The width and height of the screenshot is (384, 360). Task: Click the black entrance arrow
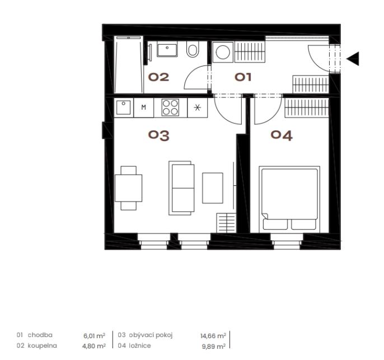(x=354, y=59)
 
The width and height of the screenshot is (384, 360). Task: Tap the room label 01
(x=243, y=77)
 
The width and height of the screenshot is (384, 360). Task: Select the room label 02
(x=159, y=77)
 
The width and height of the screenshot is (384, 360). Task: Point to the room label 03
(x=159, y=135)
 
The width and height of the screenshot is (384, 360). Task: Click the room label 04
(x=282, y=135)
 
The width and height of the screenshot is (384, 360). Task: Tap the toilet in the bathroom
(x=193, y=49)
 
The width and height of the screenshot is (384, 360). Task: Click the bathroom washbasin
(x=167, y=49)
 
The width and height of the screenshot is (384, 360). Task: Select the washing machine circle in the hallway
(x=223, y=52)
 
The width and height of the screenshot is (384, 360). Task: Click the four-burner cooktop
(x=170, y=107)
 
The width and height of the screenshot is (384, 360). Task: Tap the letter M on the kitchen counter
(x=144, y=107)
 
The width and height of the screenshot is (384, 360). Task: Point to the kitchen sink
(x=124, y=107)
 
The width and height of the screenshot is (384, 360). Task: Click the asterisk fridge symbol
(x=198, y=107)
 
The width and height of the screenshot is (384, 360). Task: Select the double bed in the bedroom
(x=289, y=199)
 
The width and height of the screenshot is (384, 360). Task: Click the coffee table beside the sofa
(x=213, y=188)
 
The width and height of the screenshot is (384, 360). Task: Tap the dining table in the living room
(x=129, y=188)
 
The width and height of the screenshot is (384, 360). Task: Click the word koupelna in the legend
(x=42, y=346)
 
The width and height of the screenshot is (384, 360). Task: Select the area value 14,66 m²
(x=213, y=335)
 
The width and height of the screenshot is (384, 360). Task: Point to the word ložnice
(x=140, y=345)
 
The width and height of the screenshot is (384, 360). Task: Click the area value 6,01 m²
(x=94, y=335)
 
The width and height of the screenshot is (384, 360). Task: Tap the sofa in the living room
(x=181, y=188)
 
